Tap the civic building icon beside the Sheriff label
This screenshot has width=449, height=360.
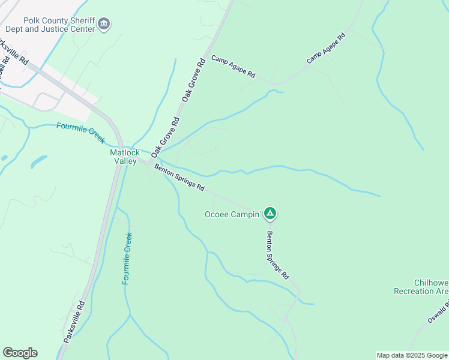tap(104, 24)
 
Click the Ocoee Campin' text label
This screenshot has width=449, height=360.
tap(233, 214)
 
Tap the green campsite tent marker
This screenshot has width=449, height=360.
tap(270, 213)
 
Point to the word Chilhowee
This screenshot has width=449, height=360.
tap(431, 283)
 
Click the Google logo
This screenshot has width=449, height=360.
tap(20, 353)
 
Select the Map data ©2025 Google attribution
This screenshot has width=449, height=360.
tap(412, 355)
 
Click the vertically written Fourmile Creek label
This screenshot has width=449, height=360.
tap(127, 258)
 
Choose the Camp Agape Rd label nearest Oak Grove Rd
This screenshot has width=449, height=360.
tap(234, 67)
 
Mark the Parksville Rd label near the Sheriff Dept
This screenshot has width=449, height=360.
tap(14, 53)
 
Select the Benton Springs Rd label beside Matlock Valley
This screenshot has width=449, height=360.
tap(179, 178)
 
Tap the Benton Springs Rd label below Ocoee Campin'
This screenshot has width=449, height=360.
tap(278, 256)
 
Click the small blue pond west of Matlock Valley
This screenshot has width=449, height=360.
tap(37, 161)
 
